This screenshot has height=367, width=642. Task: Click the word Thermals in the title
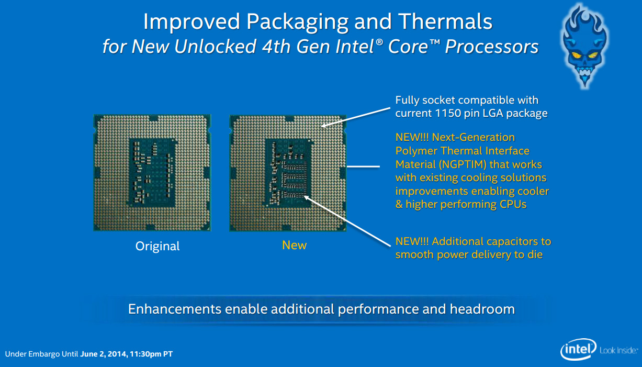click(x=445, y=21)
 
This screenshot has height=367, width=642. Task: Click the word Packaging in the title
click(x=297, y=23)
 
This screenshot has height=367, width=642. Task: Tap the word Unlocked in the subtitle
click(x=215, y=47)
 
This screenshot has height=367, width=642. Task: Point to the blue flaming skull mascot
click(x=584, y=46)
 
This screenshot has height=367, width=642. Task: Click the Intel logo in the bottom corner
click(x=578, y=349)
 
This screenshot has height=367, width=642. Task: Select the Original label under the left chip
click(x=157, y=246)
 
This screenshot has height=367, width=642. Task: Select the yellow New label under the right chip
click(x=294, y=245)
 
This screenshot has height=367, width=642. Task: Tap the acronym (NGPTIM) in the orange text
click(x=463, y=164)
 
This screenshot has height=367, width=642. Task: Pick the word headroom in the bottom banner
click(x=482, y=309)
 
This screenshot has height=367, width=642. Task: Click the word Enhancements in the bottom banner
click(x=175, y=309)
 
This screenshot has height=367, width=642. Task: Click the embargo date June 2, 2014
click(x=104, y=354)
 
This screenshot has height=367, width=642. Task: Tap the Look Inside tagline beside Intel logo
click(x=619, y=350)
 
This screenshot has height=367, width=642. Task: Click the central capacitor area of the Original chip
click(x=152, y=173)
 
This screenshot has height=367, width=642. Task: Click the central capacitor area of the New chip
click(x=288, y=173)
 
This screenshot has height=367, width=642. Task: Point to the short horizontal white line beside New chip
click(x=363, y=166)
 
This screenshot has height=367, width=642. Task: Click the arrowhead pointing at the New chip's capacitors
click(x=307, y=198)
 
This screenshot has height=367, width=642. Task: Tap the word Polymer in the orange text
click(x=416, y=151)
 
